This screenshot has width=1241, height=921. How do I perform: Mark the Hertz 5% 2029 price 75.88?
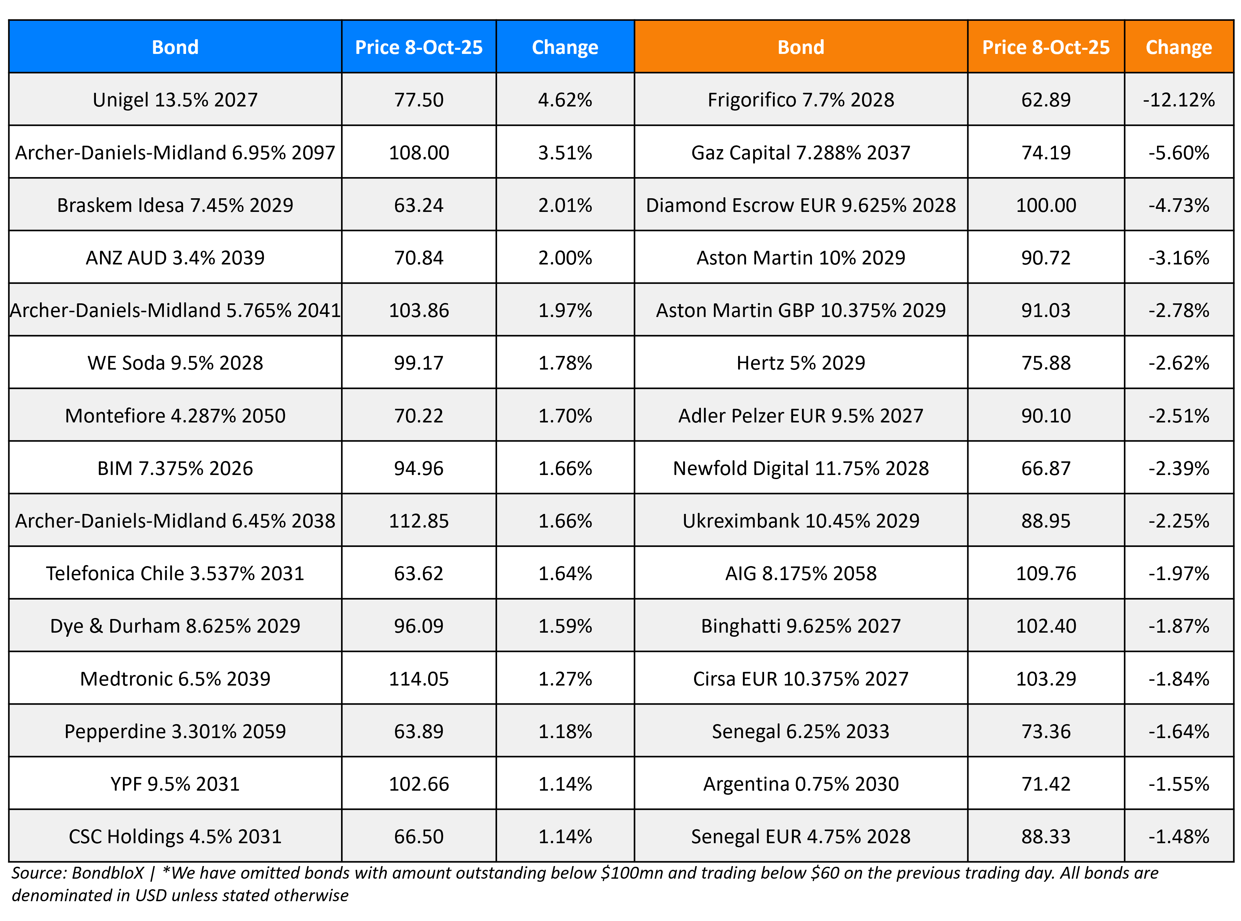click(1045, 363)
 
